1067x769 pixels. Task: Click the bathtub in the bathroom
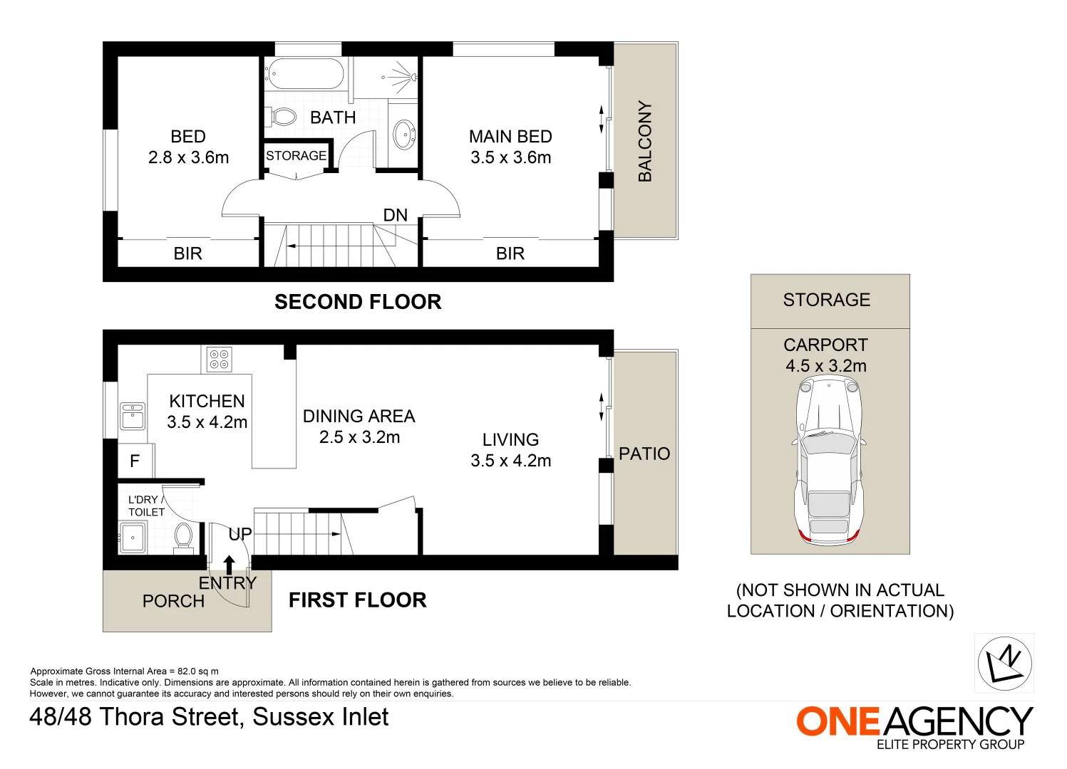304,73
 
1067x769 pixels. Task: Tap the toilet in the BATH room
282,117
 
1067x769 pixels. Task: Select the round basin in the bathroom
403,135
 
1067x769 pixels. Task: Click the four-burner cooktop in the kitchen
219,360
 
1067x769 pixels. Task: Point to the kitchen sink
133,417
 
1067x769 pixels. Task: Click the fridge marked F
135,462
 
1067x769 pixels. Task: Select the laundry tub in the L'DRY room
133,538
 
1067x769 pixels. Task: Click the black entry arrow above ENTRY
229,565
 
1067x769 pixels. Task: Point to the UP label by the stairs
240,534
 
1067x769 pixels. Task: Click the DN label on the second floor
395,215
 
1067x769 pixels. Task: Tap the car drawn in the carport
829,460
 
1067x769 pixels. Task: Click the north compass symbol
1004,663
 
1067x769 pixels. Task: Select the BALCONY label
645,141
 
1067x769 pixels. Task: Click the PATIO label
644,454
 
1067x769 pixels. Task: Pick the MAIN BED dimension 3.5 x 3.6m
510,157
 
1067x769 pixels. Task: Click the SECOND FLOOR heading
358,302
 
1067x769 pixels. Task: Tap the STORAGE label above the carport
827,300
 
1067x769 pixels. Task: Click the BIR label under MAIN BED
510,253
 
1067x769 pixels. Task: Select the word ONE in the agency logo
838,722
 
